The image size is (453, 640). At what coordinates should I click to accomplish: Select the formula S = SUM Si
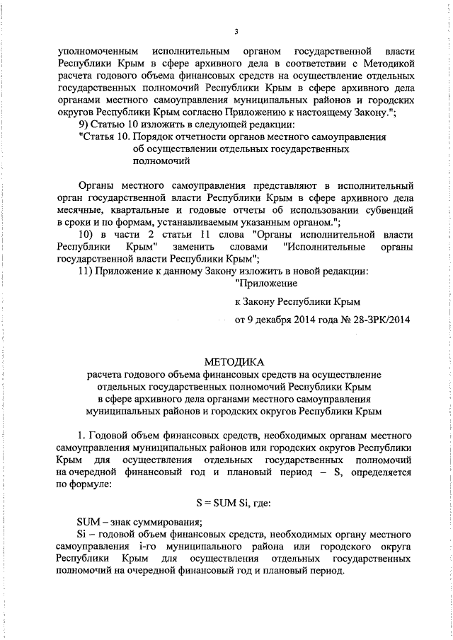227,504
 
